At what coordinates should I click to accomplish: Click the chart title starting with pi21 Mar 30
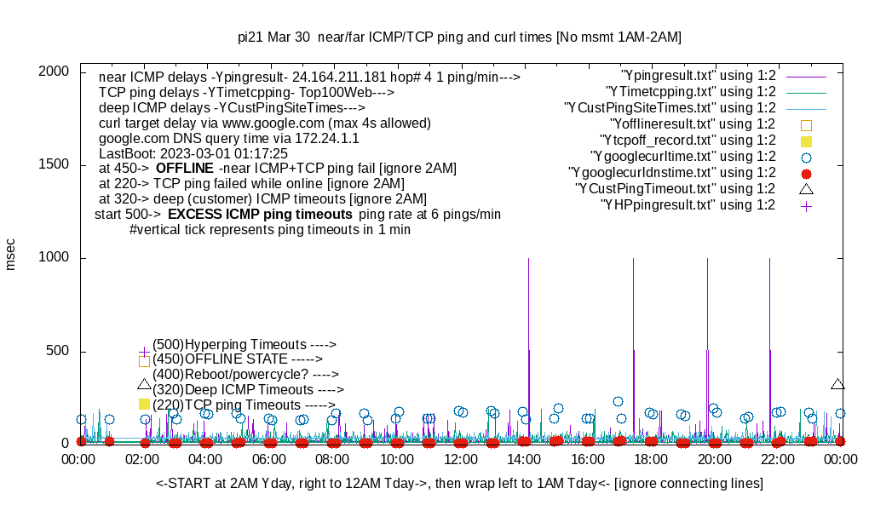[459, 37]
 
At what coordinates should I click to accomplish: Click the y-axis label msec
[11, 255]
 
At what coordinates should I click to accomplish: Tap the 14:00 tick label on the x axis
[524, 459]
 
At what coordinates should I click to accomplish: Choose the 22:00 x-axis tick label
[777, 459]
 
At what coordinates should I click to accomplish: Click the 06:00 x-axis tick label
[270, 459]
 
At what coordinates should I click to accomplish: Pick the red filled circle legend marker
[806, 173]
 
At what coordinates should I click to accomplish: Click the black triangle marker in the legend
[806, 188]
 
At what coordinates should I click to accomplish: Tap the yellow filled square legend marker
[806, 141]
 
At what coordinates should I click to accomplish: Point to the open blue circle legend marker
[806, 157]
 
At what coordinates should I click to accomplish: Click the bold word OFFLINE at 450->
[184, 169]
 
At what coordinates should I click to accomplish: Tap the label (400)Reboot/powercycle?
[245, 374]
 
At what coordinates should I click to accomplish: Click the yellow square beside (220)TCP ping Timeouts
[144, 405]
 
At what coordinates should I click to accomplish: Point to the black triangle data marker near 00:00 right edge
[838, 384]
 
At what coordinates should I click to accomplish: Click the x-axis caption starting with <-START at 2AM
[459, 484]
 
